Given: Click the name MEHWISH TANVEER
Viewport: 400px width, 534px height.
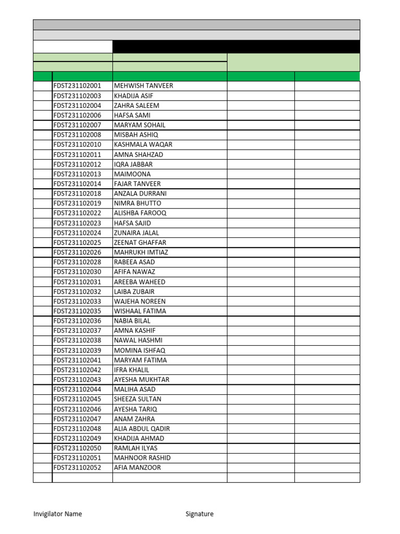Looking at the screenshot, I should tap(143, 86).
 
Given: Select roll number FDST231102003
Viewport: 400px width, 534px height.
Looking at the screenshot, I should tap(77, 96).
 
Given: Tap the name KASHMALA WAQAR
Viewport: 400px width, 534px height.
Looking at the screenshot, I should tap(143, 144).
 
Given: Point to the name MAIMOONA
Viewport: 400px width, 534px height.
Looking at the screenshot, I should tap(132, 174).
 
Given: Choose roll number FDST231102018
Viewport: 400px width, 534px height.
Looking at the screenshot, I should tap(77, 193).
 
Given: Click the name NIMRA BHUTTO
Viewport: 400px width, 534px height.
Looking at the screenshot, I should tap(137, 203).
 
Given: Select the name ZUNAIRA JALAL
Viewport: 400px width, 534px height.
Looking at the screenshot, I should tap(136, 233).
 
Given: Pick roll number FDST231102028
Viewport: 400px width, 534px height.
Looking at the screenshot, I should tap(77, 262).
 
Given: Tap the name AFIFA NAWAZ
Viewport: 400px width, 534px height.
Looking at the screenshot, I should tap(134, 272).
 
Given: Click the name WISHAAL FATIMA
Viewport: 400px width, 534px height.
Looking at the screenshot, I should tap(140, 311).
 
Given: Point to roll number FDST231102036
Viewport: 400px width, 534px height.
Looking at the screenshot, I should tap(77, 321).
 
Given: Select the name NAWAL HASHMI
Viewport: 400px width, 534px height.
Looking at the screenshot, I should tap(138, 341).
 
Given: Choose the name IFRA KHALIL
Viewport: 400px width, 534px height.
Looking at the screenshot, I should tap(131, 370).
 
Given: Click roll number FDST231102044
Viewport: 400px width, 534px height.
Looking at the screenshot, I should tap(77, 390).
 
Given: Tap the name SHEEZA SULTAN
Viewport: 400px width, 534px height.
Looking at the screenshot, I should tap(137, 399).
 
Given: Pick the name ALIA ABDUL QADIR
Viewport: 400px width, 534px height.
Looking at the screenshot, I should tap(142, 429).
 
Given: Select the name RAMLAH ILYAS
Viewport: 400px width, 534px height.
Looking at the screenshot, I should tap(135, 448).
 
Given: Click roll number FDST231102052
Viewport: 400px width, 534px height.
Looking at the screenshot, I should tap(77, 468).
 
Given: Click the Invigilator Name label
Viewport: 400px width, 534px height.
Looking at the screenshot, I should tap(57, 514).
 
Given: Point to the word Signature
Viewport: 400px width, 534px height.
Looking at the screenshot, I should tap(199, 514).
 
